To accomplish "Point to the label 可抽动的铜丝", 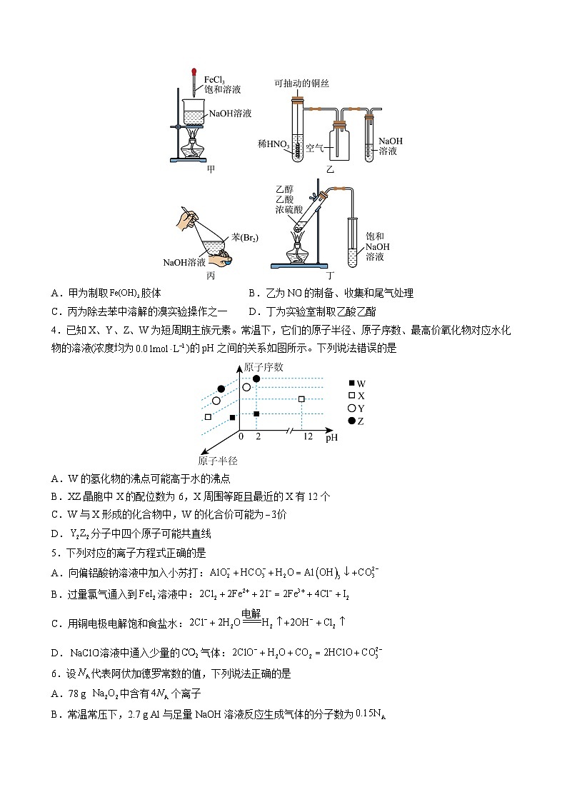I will pyautogui.click(x=301, y=84).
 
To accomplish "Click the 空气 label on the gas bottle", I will pyautogui.click(x=315, y=149).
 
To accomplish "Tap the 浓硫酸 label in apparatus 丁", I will pyautogui.click(x=288, y=211).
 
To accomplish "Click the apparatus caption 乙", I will pyautogui.click(x=330, y=170).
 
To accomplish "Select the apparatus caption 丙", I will pyautogui.click(x=211, y=275).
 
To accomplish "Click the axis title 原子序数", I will pyautogui.click(x=263, y=367).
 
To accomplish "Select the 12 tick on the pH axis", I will pyautogui.click(x=308, y=436).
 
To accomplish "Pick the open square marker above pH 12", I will pyautogui.click(x=301, y=399).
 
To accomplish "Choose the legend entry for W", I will pyautogui.click(x=356, y=384).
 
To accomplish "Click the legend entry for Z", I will pyautogui.click(x=356, y=421).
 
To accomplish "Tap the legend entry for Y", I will pyautogui.click(x=356, y=408).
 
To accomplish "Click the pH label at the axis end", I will pyautogui.click(x=331, y=437).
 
